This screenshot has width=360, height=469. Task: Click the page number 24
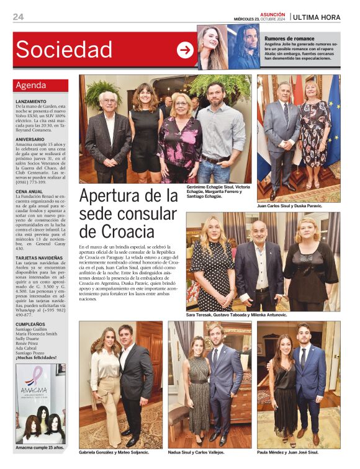click(18, 17)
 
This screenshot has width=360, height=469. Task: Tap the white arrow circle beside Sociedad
click(185, 50)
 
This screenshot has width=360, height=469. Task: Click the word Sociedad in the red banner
click(64, 50)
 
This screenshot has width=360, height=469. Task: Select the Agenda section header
click(31, 85)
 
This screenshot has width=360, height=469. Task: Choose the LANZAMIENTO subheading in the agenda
click(31, 101)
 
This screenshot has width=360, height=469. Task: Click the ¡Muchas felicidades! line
click(36, 357)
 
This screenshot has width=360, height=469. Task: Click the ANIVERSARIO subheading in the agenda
click(30, 140)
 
